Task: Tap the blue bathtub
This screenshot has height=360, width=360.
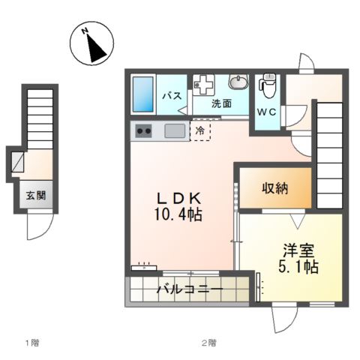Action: pyautogui.click(x=142, y=94)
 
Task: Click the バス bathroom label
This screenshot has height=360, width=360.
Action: pyautogui.click(x=171, y=95)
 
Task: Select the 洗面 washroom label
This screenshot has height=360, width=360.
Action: pyautogui.click(x=220, y=103)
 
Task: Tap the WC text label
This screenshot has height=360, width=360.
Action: pyautogui.click(x=268, y=112)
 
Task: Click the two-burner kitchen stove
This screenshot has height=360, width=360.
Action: pyautogui.click(x=142, y=132)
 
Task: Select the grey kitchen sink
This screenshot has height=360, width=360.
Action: pyautogui.click(x=175, y=131)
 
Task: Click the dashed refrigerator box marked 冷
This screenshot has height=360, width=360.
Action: pyautogui.click(x=200, y=131)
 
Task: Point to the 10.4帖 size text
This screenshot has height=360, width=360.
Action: pyautogui.click(x=178, y=214)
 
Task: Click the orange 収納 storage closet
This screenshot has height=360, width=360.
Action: pyautogui.click(x=274, y=189)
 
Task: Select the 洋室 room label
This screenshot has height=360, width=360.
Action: pyautogui.click(x=297, y=249)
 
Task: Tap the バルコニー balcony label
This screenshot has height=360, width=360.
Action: pyautogui.click(x=188, y=289)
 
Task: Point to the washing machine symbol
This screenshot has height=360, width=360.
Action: pyautogui.click(x=203, y=84)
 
